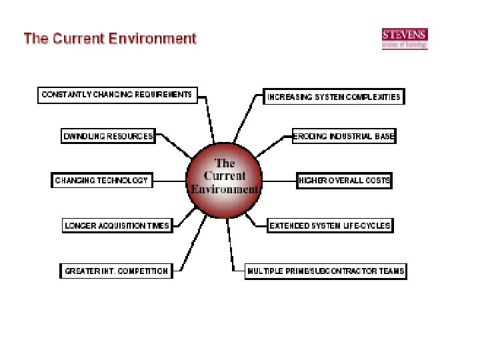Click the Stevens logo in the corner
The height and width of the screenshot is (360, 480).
click(x=405, y=38)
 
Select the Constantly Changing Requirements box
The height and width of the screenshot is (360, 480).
click(x=117, y=95)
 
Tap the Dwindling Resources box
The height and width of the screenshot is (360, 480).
click(x=108, y=136)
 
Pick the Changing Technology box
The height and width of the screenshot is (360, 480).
click(x=101, y=180)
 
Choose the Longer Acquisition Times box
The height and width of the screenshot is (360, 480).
click(x=117, y=225)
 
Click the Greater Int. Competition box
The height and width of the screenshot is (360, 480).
click(x=117, y=271)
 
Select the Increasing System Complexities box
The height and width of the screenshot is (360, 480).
click(x=334, y=97)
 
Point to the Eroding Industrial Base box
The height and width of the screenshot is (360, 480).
click(x=345, y=136)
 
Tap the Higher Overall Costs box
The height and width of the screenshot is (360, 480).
click(x=345, y=180)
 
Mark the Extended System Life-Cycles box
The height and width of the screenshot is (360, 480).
click(x=330, y=225)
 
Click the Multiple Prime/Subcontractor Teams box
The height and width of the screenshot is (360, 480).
click(x=326, y=271)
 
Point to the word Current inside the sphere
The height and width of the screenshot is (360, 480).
click(x=225, y=176)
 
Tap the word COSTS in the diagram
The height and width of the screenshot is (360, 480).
click(x=377, y=180)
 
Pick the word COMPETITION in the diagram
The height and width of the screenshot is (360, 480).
click(x=143, y=271)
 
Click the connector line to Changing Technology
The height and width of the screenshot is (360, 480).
click(x=169, y=180)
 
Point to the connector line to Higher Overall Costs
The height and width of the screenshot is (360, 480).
click(x=280, y=180)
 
